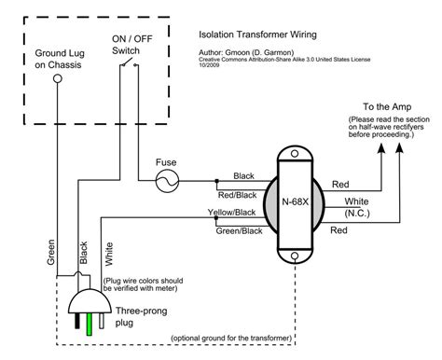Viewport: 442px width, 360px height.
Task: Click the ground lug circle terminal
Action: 58,80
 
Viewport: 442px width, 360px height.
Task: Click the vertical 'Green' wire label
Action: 50,253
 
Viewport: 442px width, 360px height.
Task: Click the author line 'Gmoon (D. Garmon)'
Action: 249,54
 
